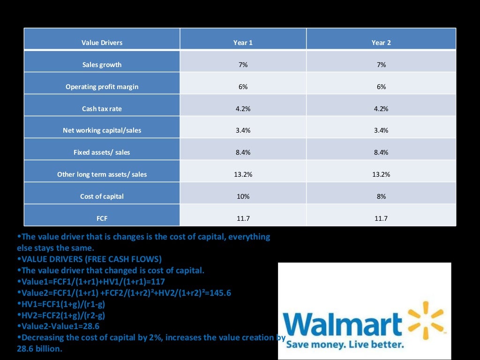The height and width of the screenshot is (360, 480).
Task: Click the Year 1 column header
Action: click(x=243, y=43)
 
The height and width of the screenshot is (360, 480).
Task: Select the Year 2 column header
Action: click(x=381, y=43)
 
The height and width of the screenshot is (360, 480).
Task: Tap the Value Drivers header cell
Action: click(x=102, y=43)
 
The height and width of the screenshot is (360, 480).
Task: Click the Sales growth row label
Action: click(x=102, y=65)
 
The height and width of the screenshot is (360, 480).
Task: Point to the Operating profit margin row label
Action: click(x=102, y=87)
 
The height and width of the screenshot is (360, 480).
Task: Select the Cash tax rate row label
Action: click(x=102, y=109)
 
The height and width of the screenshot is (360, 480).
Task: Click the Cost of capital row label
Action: click(x=102, y=196)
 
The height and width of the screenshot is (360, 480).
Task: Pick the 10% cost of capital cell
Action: click(x=243, y=196)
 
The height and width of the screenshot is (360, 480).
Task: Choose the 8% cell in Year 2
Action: click(x=381, y=196)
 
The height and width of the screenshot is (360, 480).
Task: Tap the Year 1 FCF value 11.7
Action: click(x=243, y=218)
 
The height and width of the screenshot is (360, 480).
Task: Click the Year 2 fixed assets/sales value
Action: click(x=381, y=152)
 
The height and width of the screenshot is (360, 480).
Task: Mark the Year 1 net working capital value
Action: click(x=243, y=130)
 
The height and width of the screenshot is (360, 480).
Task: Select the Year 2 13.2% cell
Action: click(x=381, y=174)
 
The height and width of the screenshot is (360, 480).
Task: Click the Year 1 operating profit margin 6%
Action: click(x=243, y=87)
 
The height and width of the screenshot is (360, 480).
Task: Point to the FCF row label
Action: click(x=102, y=218)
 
